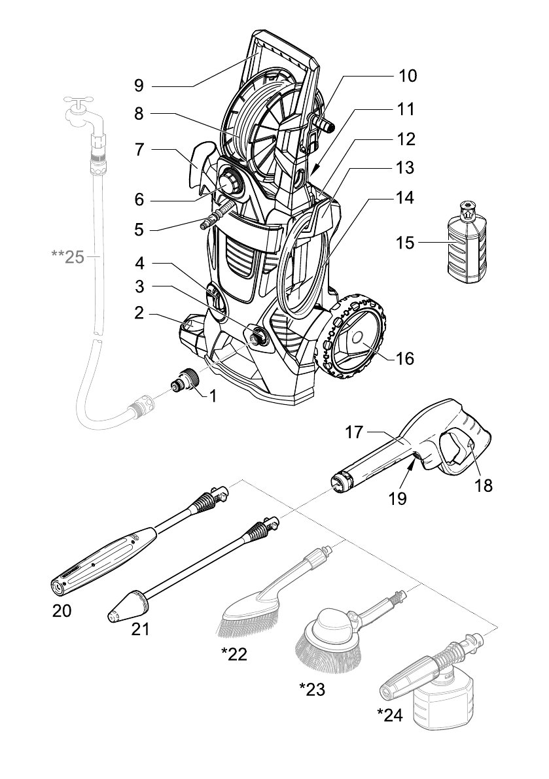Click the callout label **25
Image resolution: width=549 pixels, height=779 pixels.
coord(68,256)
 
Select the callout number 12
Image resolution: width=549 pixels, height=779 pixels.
coord(406,139)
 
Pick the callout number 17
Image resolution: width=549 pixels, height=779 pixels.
coord(354,432)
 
